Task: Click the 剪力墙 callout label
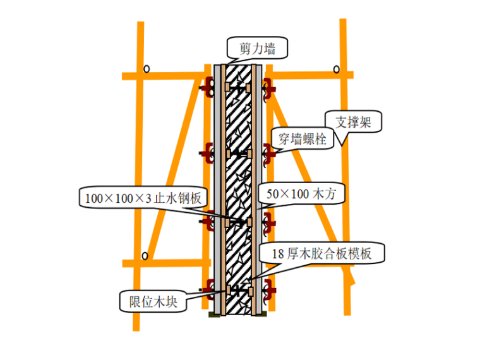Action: (x=257, y=49)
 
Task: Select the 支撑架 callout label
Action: (x=353, y=122)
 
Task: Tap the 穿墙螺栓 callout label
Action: (x=303, y=139)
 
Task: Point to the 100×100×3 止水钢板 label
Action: (x=143, y=198)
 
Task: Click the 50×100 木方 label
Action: (x=301, y=194)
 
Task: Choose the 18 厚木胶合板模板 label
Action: (x=321, y=253)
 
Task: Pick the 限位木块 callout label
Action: (x=153, y=302)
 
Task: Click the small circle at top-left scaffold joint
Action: (x=147, y=69)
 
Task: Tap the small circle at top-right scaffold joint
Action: (x=337, y=69)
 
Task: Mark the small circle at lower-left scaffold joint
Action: (x=145, y=256)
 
